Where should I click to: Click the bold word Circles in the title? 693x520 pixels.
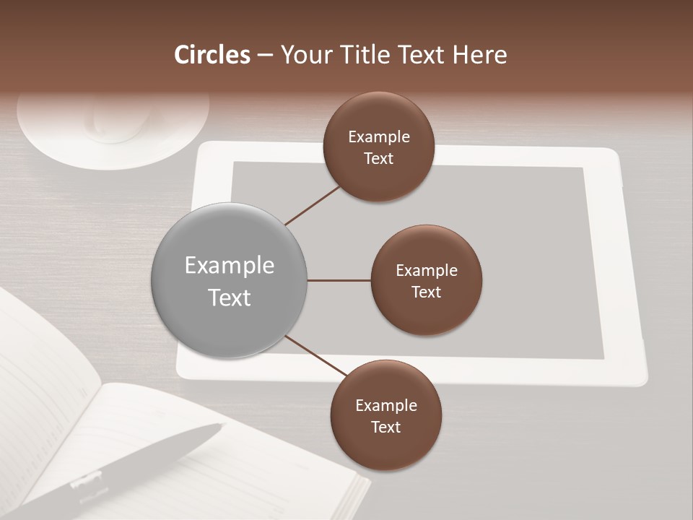pos(212,55)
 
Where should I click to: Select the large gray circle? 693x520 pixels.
pos(230,281)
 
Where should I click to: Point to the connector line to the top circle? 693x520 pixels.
pos(313,205)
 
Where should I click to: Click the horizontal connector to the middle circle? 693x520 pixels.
pos(339,280)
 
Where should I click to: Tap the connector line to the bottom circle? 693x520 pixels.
pos(315,357)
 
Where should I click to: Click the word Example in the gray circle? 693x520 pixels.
pos(230,266)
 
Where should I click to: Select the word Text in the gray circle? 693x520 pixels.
pos(230,298)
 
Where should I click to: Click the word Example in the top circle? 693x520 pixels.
pos(379,137)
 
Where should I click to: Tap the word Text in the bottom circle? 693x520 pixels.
pos(385,428)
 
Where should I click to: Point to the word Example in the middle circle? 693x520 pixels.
pos(427,271)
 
